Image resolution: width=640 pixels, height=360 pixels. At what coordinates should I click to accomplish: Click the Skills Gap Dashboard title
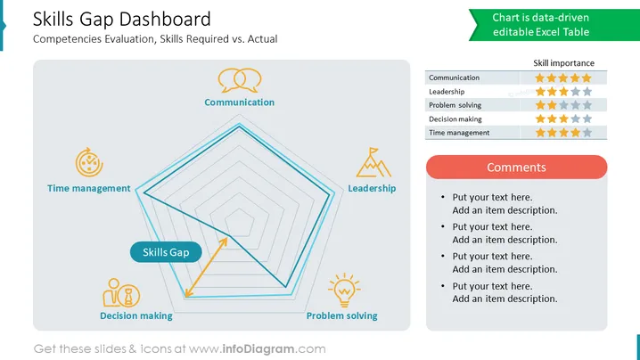coord(121,20)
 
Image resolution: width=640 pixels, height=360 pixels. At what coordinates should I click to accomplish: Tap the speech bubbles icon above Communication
coord(240,80)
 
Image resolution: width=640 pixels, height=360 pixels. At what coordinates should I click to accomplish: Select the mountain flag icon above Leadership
coord(373,162)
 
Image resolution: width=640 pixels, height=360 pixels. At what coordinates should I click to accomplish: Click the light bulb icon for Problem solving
coord(344,290)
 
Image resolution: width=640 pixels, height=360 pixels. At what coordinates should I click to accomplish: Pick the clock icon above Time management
coord(89,162)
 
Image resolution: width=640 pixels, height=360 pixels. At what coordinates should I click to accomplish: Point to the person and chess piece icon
coord(121,292)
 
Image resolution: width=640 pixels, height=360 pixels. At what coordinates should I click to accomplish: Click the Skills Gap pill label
coord(166,252)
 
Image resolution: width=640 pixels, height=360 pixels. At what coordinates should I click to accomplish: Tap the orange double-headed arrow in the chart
coord(206,267)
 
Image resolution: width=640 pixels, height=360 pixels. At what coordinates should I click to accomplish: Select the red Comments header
coord(516,167)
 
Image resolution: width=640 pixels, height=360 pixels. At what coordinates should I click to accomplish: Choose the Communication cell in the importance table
coord(454,78)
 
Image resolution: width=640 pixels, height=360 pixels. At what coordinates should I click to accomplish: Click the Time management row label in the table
coord(459,133)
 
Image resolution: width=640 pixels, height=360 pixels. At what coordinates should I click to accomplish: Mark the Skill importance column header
coord(563,63)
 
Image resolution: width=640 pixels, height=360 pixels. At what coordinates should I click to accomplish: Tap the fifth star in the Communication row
coord(587,78)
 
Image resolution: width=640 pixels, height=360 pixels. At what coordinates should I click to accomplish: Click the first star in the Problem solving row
coord(540,105)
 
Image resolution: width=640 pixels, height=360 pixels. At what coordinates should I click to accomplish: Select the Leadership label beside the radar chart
coord(372,188)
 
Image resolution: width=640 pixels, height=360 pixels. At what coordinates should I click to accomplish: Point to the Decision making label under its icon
coord(136,315)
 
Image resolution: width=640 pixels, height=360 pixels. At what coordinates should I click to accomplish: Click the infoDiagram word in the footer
coord(258,349)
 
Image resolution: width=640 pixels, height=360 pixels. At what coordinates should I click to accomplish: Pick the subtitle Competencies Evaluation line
coord(155,39)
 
